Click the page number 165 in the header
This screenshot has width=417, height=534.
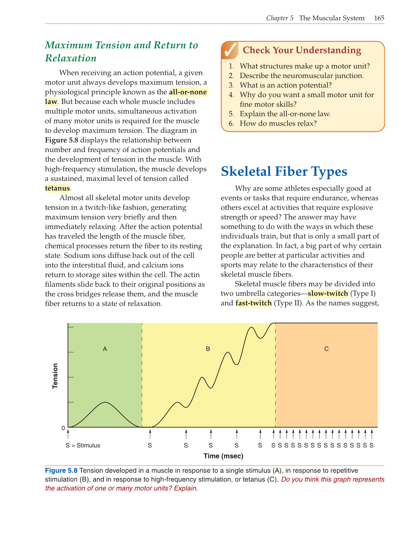379,18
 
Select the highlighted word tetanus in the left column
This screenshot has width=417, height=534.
57,188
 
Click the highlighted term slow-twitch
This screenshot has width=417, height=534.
328,294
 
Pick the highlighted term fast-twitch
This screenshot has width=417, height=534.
253,303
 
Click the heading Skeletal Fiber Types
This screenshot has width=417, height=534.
284,172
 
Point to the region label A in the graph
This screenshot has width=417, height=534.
105,349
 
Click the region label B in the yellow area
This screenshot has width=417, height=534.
208,349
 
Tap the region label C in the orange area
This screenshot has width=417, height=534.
326,349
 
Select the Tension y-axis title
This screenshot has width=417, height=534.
55,376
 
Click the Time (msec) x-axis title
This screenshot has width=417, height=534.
223,456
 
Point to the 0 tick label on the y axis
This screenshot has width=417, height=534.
63,428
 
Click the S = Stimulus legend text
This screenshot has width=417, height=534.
83,446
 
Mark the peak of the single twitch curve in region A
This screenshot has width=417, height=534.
105,402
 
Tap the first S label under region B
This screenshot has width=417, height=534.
150,446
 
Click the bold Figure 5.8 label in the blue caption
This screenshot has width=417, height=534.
61,470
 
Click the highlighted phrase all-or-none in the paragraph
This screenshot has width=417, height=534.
188,92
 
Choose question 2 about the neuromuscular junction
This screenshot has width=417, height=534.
301,76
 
